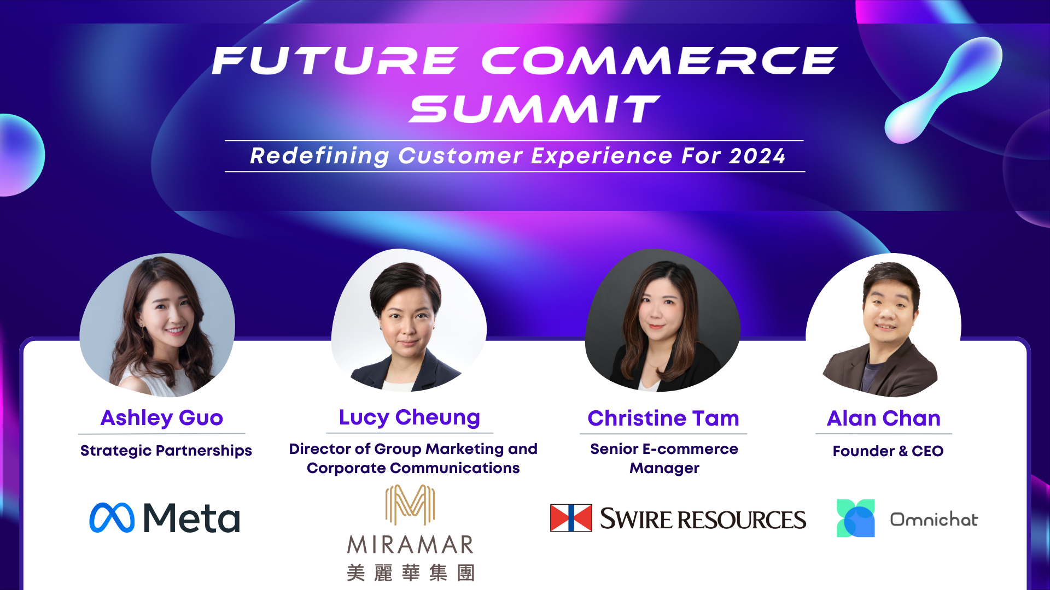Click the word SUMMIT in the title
(x=534, y=109)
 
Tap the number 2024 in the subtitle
(x=757, y=156)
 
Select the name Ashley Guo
(x=162, y=418)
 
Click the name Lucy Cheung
(x=410, y=418)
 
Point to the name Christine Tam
(x=663, y=418)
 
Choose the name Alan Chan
(x=884, y=418)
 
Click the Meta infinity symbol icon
(x=112, y=517)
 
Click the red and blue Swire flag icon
(x=571, y=518)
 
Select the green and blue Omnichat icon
(x=856, y=518)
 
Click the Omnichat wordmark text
(x=934, y=519)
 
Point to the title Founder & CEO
(x=888, y=451)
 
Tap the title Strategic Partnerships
(x=166, y=451)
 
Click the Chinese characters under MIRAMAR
(x=411, y=573)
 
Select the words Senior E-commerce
(x=664, y=449)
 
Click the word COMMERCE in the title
(x=660, y=60)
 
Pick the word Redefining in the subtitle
(x=319, y=157)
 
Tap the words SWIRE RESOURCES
(x=703, y=519)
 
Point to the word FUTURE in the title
(x=335, y=60)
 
